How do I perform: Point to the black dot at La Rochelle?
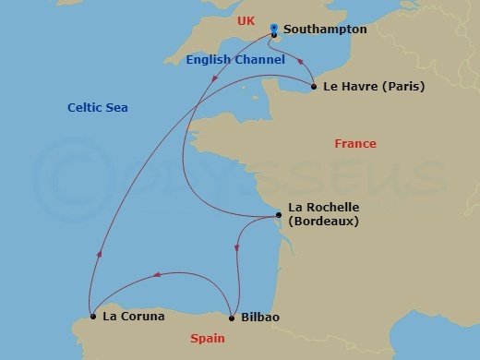click(x=279, y=216)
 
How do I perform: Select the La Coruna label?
click(x=134, y=317)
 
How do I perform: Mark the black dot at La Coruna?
click(x=93, y=317)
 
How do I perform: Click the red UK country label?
click(x=246, y=20)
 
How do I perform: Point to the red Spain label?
click(x=208, y=339)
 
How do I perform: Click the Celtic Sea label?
click(x=98, y=108)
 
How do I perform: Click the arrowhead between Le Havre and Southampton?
click(x=301, y=62)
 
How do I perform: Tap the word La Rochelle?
click(x=323, y=208)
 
